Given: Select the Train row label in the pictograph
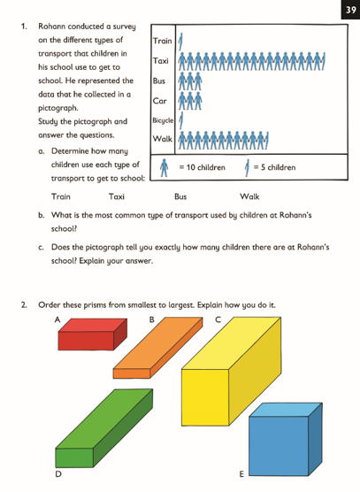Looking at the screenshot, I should coord(163,41).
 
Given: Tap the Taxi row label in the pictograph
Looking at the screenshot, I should coord(161,61).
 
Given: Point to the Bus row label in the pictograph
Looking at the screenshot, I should coord(159,81).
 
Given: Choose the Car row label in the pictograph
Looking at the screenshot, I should coord(159,101).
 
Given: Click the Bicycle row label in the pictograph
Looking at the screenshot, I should coord(163,119).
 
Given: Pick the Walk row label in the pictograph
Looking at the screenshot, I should coord(162,140).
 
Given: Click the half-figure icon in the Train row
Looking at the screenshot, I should coord(180,41).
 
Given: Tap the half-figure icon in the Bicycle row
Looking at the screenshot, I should coord(180,119).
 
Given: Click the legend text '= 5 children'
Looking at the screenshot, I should coord(274,167).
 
